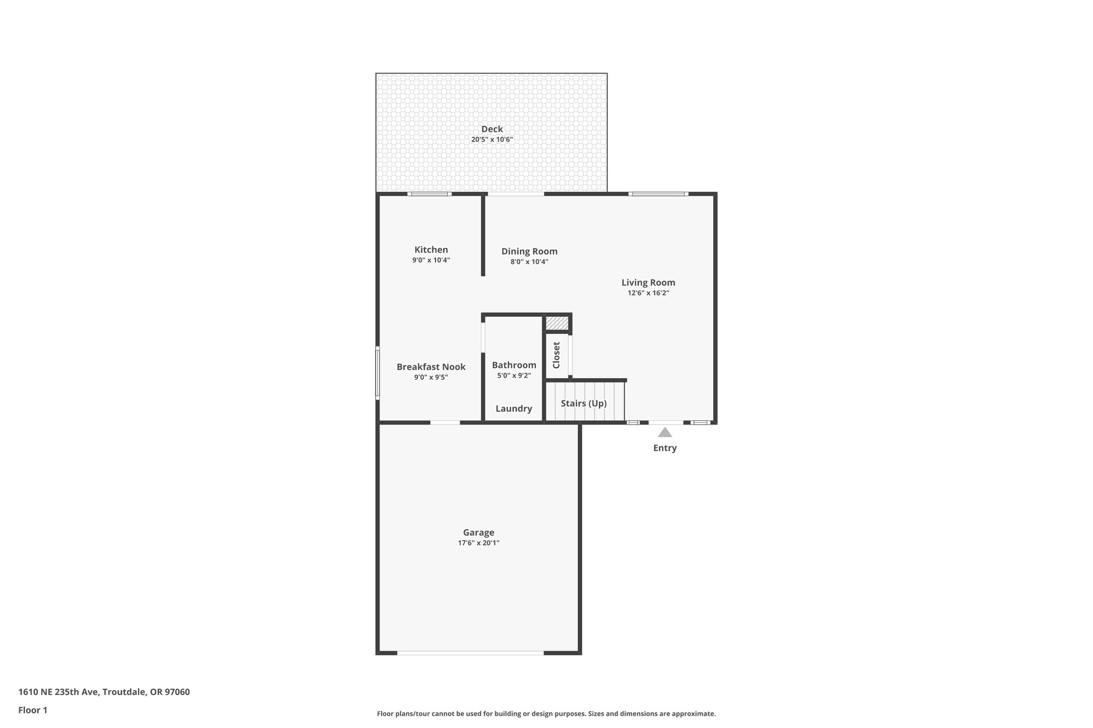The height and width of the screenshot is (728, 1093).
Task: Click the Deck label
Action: pyautogui.click(x=492, y=129)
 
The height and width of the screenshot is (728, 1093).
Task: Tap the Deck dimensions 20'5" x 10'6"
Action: pyautogui.click(x=492, y=140)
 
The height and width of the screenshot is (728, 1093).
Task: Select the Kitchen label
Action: pyautogui.click(x=431, y=250)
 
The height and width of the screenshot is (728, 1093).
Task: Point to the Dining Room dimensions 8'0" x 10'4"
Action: pyautogui.click(x=529, y=262)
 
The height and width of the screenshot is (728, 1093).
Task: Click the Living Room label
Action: pyautogui.click(x=648, y=283)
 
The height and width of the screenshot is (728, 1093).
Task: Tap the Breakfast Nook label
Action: pyautogui.click(x=431, y=367)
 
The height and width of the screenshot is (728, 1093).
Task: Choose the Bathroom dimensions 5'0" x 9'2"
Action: pyautogui.click(x=514, y=375)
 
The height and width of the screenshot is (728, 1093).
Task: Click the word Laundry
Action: pyautogui.click(x=513, y=409)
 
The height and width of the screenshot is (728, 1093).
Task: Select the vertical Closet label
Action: pyautogui.click(x=556, y=355)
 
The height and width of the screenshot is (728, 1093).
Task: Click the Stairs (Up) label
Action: pyautogui.click(x=583, y=403)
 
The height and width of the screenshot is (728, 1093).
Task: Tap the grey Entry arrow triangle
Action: pyautogui.click(x=664, y=433)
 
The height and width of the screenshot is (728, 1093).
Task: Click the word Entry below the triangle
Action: pyautogui.click(x=664, y=448)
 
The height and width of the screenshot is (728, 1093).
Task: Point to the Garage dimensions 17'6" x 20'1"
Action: pyautogui.click(x=478, y=543)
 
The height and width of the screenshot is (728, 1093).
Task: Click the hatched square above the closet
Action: pyautogui.click(x=557, y=323)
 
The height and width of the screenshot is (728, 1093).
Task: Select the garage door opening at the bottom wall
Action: pyautogui.click(x=470, y=652)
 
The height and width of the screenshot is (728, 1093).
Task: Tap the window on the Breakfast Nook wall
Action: pyautogui.click(x=377, y=373)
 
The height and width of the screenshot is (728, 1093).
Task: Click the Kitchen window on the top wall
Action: pyautogui.click(x=429, y=194)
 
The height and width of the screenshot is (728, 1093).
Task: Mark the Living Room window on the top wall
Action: pyautogui.click(x=658, y=194)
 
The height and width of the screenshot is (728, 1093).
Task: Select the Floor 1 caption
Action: pyautogui.click(x=33, y=710)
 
